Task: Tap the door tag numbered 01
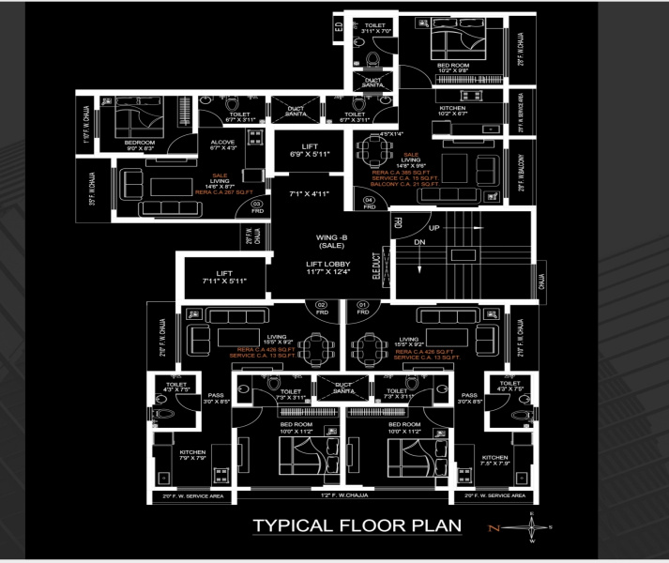click(362, 307)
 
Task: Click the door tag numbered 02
click(320, 307)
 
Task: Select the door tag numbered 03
click(256, 204)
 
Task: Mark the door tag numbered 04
click(369, 202)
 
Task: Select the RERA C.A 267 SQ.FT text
click(220, 191)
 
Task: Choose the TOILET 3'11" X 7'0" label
click(375, 28)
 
